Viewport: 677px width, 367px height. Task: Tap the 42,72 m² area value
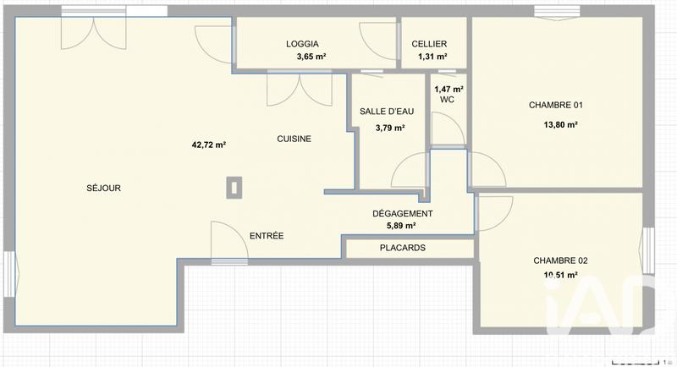tap(208, 145)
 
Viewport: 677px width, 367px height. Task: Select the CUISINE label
tap(294, 140)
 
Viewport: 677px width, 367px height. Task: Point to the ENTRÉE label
tap(266, 236)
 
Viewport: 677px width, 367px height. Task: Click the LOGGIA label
tap(302, 44)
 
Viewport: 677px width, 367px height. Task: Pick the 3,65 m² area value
tap(311, 57)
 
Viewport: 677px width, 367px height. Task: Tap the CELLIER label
tap(429, 44)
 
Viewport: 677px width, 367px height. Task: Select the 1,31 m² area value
tap(432, 57)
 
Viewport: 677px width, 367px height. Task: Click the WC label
tap(447, 100)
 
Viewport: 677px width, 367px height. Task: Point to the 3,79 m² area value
tap(389, 129)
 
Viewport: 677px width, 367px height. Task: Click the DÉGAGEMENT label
tap(403, 214)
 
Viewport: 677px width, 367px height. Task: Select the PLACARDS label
tap(402, 249)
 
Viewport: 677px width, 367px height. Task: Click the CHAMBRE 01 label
tap(556, 106)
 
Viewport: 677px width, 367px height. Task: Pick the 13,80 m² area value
tap(560, 125)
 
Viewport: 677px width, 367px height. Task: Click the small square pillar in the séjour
tap(234, 188)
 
